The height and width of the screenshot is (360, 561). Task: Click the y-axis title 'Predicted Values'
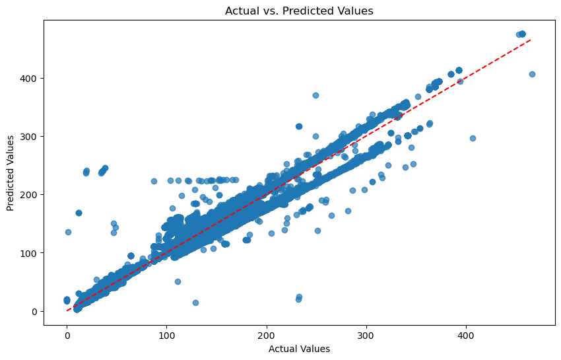coord(11,173)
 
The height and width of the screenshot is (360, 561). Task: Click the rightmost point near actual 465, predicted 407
coord(532,74)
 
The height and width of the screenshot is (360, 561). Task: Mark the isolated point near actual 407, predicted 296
coord(473,138)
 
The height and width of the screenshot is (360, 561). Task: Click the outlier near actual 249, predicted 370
coord(315,95)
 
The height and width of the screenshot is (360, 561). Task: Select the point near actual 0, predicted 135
coord(68,232)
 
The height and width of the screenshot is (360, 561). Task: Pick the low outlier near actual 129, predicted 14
coord(195,303)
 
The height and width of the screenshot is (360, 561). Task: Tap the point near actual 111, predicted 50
coord(178,281)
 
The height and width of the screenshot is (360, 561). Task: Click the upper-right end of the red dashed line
coord(531,40)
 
